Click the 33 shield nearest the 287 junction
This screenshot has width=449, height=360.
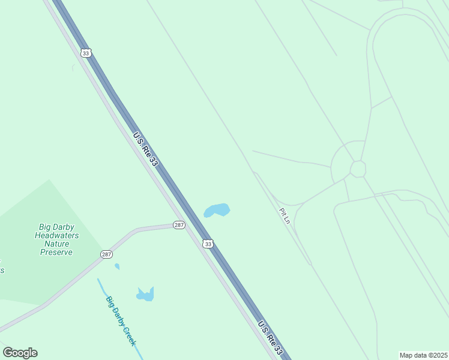click(x=208, y=244)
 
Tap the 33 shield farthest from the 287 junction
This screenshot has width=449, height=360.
click(x=86, y=53)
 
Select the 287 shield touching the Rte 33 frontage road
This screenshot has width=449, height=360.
click(x=179, y=225)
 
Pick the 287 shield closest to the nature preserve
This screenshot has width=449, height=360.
click(x=106, y=254)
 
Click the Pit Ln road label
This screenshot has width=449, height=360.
click(x=285, y=216)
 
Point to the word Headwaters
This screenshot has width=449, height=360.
click(x=56, y=236)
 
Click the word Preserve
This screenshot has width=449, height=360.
click(x=56, y=252)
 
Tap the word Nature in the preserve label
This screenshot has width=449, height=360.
click(x=56, y=244)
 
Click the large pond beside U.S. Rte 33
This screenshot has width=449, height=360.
click(x=217, y=210)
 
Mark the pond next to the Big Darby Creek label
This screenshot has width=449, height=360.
click(x=146, y=294)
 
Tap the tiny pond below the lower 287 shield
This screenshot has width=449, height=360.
click(x=117, y=266)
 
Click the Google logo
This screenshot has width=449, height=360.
click(x=20, y=353)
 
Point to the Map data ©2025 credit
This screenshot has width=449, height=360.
click(x=423, y=355)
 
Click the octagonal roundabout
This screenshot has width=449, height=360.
click(x=358, y=169)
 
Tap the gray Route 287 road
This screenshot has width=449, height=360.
click(x=72, y=283)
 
